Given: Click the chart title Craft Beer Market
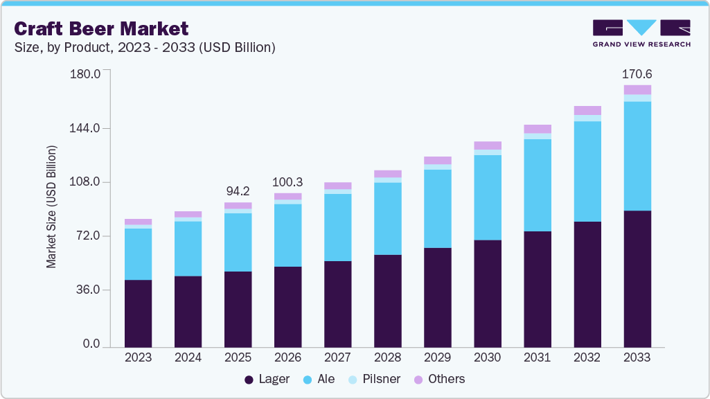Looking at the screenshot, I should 101,28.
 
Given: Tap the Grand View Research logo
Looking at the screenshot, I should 641,33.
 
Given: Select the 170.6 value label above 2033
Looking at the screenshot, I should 637,74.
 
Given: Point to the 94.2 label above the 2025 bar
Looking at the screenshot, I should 238,190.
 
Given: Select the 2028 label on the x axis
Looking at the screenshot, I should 387,357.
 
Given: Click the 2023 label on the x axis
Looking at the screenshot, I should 138,357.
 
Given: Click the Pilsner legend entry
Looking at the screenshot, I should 373,380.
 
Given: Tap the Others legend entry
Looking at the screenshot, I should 439,380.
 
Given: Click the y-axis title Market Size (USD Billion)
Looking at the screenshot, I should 51,207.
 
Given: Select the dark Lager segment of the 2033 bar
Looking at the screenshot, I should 637,278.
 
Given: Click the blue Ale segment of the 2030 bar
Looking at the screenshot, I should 488,197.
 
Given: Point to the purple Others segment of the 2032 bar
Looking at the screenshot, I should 587,110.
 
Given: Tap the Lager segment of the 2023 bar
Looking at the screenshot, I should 138,312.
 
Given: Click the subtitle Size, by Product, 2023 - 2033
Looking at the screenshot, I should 145,48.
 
